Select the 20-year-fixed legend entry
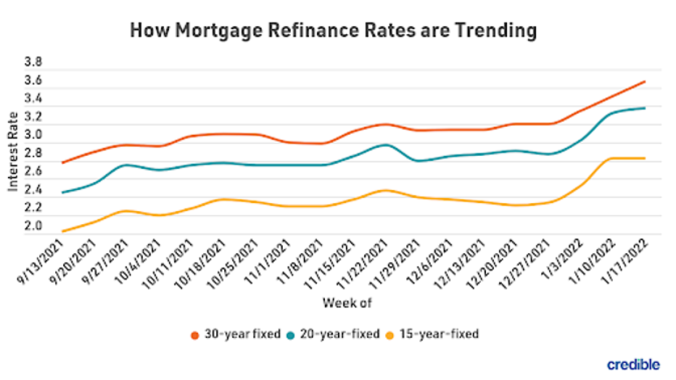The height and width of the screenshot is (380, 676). coord(337,334)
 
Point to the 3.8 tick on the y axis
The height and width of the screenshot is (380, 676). coord(34,62)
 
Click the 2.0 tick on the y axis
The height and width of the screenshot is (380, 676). coord(34,226)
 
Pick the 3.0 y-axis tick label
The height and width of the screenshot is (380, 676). coord(34,135)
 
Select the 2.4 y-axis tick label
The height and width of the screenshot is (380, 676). coord(34,190)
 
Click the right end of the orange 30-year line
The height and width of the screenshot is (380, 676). coord(645,81)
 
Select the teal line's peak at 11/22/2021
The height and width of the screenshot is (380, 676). coord(385,144)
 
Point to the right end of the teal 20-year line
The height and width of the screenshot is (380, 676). coord(645,108)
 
